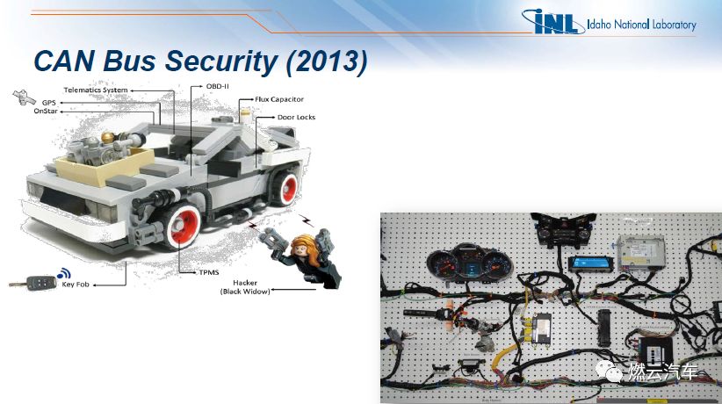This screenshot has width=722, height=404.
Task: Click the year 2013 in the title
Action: [x=327, y=61]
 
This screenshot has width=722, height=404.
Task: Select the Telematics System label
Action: [x=96, y=90]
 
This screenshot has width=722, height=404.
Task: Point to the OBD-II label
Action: [x=218, y=86]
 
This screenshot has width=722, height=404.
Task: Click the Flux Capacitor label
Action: [x=279, y=99]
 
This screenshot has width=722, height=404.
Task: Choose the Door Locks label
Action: [x=296, y=117]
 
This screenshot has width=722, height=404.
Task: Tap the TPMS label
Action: [x=209, y=272]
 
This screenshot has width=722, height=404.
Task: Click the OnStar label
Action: [x=46, y=111]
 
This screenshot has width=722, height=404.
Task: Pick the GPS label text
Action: [x=49, y=102]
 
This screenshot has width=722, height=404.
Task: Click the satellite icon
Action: [x=24, y=97]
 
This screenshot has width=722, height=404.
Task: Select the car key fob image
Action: [x=33, y=283]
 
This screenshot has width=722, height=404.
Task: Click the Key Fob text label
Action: [x=76, y=285]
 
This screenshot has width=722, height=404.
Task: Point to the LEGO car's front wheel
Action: [x=182, y=225]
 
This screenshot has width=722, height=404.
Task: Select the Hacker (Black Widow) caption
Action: [x=245, y=287]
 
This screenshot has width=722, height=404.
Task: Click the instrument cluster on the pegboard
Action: [x=470, y=263]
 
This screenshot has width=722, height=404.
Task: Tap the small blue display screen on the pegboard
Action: [x=590, y=264]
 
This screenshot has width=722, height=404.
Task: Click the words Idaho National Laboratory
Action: [x=641, y=25]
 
